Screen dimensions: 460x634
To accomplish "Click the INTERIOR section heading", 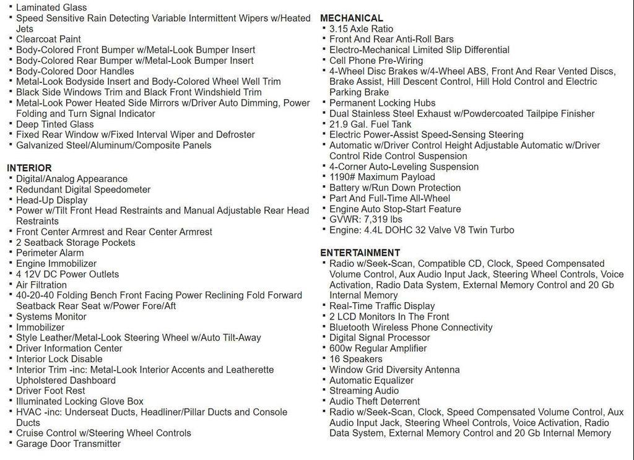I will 29,168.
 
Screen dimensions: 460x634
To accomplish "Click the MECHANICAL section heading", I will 351,18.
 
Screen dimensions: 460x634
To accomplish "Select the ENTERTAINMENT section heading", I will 360,253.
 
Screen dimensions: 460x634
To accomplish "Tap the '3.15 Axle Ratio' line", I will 361,28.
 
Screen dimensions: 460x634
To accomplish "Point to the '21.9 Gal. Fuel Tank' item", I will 370,124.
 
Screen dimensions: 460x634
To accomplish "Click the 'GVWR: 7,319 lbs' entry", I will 365,219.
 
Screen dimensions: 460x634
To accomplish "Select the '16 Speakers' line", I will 355,359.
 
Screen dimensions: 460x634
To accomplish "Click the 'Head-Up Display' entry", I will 51,200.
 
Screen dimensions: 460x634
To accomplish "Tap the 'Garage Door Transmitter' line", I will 68,443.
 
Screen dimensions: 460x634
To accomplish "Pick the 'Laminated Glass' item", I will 51,7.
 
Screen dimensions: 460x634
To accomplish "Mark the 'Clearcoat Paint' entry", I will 48,39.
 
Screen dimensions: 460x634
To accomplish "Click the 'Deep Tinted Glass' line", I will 54,124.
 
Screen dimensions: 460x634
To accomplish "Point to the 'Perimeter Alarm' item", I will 50,253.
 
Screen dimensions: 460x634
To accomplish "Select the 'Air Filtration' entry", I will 41,285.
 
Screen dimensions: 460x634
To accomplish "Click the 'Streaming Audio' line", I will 364,391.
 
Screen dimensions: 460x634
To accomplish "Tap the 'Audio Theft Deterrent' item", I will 375,401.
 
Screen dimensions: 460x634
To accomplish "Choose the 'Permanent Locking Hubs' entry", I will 382,103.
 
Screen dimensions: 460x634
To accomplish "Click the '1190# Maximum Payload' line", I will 382,177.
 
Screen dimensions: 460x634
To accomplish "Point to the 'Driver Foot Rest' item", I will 51,391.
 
